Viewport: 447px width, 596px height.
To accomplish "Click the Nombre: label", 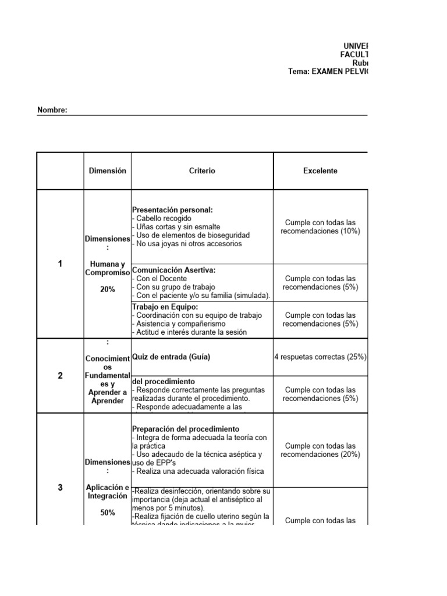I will click(52, 110).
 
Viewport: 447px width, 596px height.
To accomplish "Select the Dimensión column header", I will click(107, 171).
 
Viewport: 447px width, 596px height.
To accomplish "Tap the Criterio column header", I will click(202, 171).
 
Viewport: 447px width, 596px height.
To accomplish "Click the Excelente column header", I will click(320, 171).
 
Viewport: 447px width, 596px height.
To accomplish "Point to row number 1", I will click(60, 264).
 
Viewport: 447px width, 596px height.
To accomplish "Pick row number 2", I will click(60, 375).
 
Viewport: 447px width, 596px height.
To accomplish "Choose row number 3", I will click(60, 488).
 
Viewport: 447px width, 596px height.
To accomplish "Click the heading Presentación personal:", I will click(172, 210).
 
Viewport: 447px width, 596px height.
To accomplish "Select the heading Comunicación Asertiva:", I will click(174, 270).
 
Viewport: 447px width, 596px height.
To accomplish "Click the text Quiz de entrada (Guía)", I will click(171, 357).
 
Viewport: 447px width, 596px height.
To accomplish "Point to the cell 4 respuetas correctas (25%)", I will click(320, 357).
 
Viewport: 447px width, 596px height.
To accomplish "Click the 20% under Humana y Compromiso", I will click(107, 289).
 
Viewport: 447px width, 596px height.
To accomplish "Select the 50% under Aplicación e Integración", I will click(107, 513).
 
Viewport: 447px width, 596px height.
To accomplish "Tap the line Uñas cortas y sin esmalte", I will click(176, 226).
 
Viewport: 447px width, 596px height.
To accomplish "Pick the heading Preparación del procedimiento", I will click(186, 429).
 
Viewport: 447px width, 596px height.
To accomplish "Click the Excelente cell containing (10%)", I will click(320, 227).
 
